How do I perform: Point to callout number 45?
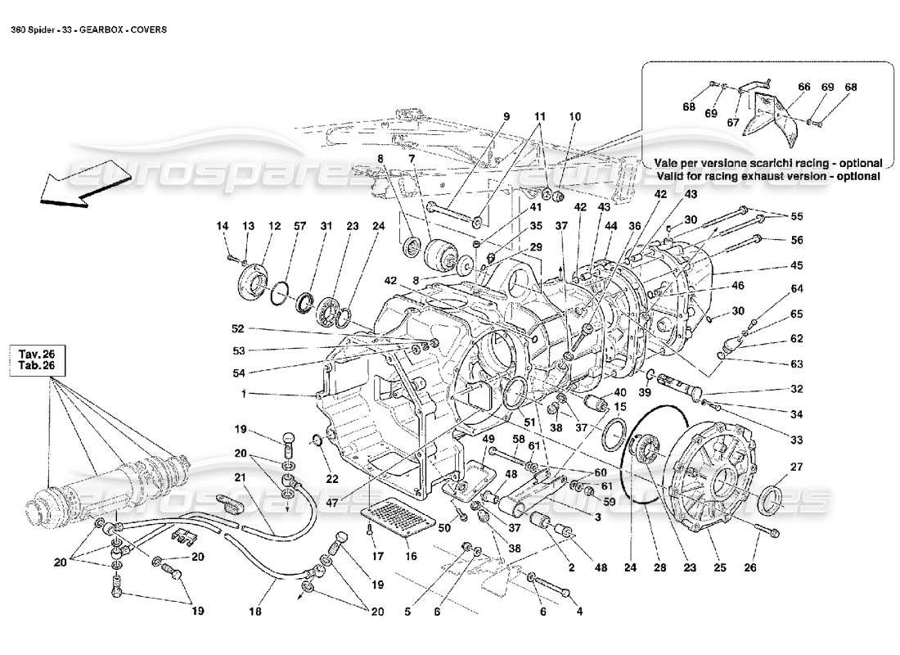coord(797,265)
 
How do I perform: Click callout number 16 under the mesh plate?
coord(410,556)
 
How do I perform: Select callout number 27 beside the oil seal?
coord(796,467)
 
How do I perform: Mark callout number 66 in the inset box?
coord(804,87)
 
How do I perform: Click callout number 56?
coord(797,241)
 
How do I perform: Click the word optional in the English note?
coord(856,176)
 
